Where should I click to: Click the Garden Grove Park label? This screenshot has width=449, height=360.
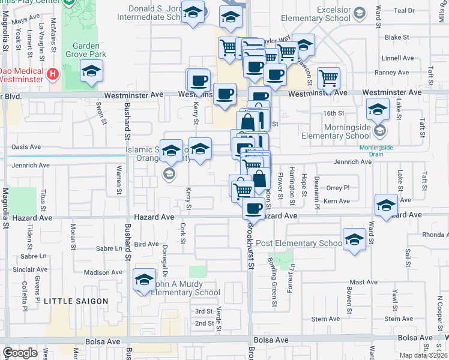coord(89,50)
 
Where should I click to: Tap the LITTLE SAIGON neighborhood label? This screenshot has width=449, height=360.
coord(76,301)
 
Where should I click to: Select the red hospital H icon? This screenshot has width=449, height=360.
coord(53,74)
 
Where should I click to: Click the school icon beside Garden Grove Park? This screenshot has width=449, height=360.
coord(91,72)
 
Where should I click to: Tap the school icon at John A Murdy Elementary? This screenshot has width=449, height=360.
coord(143,280)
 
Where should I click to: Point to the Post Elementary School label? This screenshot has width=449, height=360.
coord(298,243)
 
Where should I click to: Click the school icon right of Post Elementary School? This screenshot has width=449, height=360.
coord(355,239)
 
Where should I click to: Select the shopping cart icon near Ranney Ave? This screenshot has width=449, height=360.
coord(328,77)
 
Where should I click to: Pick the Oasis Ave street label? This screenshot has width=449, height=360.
coord(26,146)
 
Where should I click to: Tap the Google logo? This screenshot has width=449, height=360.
coord(20,353)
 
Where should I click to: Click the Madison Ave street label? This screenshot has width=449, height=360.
coord(103,272)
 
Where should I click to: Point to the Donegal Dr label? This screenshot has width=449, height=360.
coord(164,257)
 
